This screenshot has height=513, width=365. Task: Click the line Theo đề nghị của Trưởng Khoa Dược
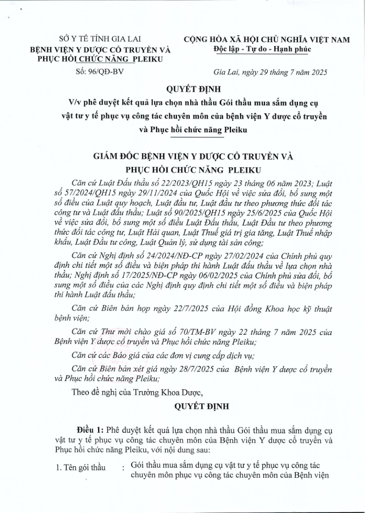coord(137,392)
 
